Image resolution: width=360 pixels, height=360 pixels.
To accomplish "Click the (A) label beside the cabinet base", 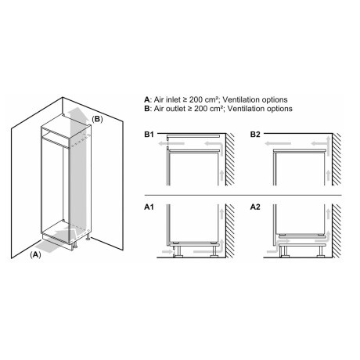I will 36,255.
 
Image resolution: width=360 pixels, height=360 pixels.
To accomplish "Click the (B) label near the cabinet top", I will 97,119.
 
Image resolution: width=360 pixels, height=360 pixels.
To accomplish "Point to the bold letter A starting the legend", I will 147,100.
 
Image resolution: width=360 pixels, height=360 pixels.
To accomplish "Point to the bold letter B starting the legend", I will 147,110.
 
